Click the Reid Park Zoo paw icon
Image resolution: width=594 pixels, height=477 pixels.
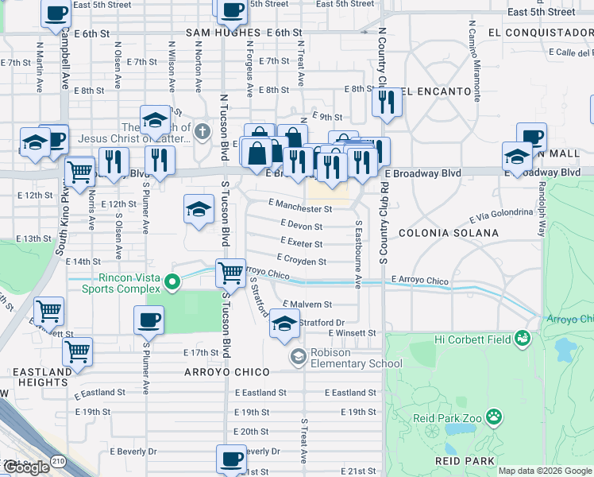coord(494,416)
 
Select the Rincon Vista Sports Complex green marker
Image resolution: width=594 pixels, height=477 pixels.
coord(171,281)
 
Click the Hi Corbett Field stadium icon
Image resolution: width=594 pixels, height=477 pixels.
coord(522,339)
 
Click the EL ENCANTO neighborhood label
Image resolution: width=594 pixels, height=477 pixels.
coord(435,91)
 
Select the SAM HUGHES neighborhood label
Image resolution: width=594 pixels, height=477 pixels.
coord(223,33)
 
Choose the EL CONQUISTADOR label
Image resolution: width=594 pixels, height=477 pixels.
coord(541,33)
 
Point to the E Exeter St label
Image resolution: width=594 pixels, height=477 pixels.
coord(301,244)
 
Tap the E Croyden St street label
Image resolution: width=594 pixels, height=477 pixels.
coord(301,261)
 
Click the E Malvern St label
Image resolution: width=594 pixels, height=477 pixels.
coord(307,304)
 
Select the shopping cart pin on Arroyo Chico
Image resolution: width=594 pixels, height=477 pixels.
coord(230,273)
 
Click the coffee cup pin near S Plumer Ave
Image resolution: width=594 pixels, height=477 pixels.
coord(148,320)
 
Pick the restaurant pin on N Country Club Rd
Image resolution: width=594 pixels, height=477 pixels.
coord(387,102)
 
